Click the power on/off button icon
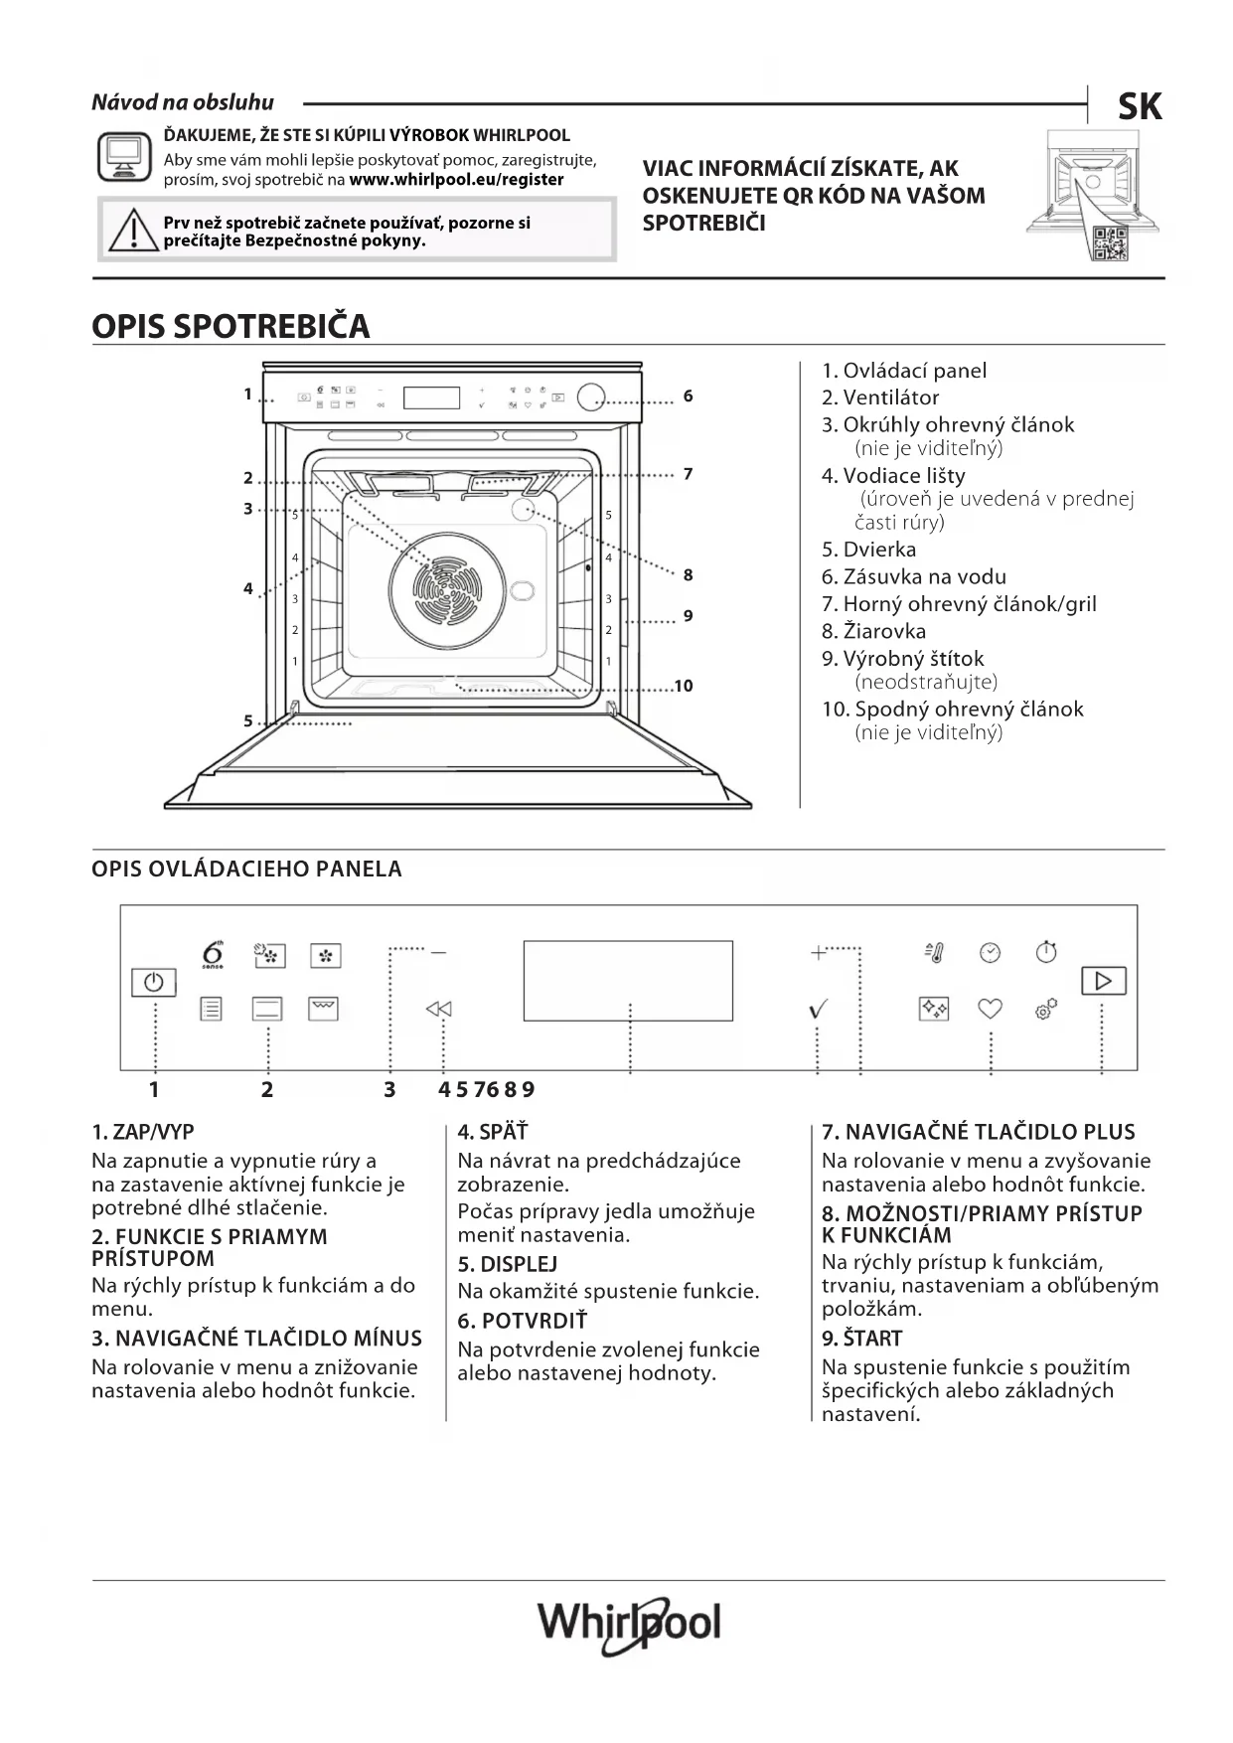pyautogui.click(x=154, y=982)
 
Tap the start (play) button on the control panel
pyautogui.click(x=1103, y=981)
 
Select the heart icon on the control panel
pyautogui.click(x=990, y=1009)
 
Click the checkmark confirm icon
pyautogui.click(x=818, y=1010)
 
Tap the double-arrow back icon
pyautogui.click(x=438, y=1009)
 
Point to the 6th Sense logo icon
pyautogui.click(x=212, y=953)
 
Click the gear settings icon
pyautogui.click(x=1045, y=1009)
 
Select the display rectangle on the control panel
pyautogui.click(x=628, y=980)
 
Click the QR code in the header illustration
pyautogui.click(x=1110, y=243)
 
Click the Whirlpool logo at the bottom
pyautogui.click(x=629, y=1624)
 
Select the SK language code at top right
pyautogui.click(x=1140, y=107)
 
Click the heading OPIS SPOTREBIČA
pyautogui.click(x=231, y=326)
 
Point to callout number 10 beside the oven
pyautogui.click(x=684, y=686)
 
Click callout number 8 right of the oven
pyautogui.click(x=688, y=574)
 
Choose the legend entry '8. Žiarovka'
pyautogui.click(x=873, y=631)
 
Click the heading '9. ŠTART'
pyautogui.click(x=861, y=1338)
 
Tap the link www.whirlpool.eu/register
pyautogui.click(x=456, y=180)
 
